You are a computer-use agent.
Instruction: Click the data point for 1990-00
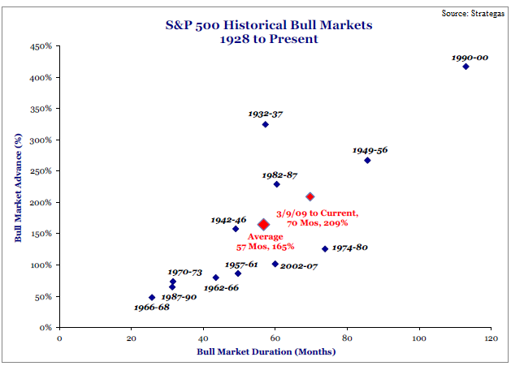pyautogui.click(x=466, y=67)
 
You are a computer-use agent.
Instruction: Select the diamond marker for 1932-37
pyautogui.click(x=266, y=124)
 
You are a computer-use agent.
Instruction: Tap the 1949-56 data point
pyautogui.click(x=367, y=161)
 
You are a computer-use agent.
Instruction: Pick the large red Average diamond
pyautogui.click(x=263, y=225)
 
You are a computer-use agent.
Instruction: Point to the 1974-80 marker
pyautogui.click(x=325, y=249)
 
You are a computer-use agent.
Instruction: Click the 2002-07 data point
pyautogui.click(x=275, y=264)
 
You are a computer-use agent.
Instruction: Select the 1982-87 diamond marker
pyautogui.click(x=276, y=184)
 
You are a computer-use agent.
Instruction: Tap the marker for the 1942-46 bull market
pyautogui.click(x=236, y=229)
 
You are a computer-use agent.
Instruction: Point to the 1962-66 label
pyautogui.click(x=222, y=287)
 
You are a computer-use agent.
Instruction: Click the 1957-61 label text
pyautogui.click(x=240, y=264)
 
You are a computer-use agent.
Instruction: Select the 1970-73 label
pyautogui.click(x=184, y=272)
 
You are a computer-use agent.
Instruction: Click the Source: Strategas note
pyautogui.click(x=473, y=14)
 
